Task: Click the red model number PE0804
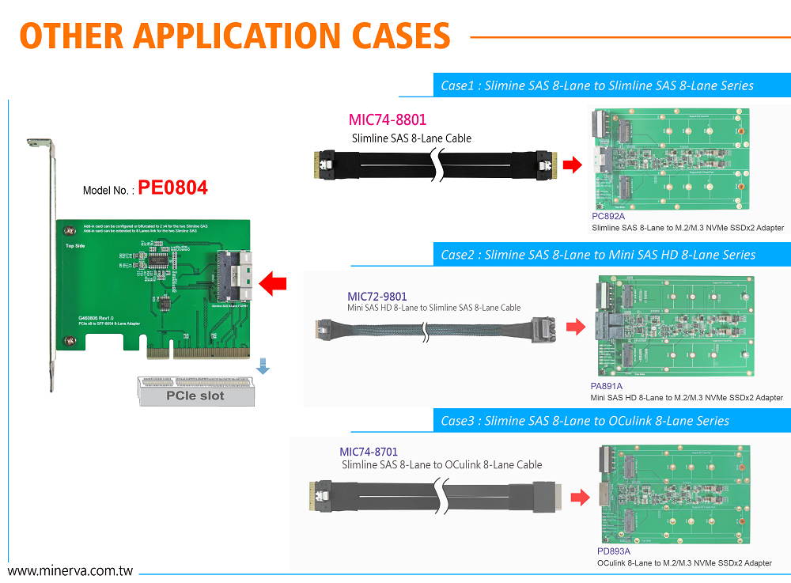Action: [x=172, y=188]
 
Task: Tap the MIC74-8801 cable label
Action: [x=387, y=120]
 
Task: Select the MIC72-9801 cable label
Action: [x=377, y=297]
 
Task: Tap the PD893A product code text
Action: [x=614, y=551]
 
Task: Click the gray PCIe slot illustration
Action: [x=195, y=392]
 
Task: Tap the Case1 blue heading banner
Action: [x=611, y=85]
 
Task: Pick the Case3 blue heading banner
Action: [x=611, y=421]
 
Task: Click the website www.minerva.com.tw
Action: [x=70, y=570]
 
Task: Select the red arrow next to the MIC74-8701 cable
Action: [x=580, y=498]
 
